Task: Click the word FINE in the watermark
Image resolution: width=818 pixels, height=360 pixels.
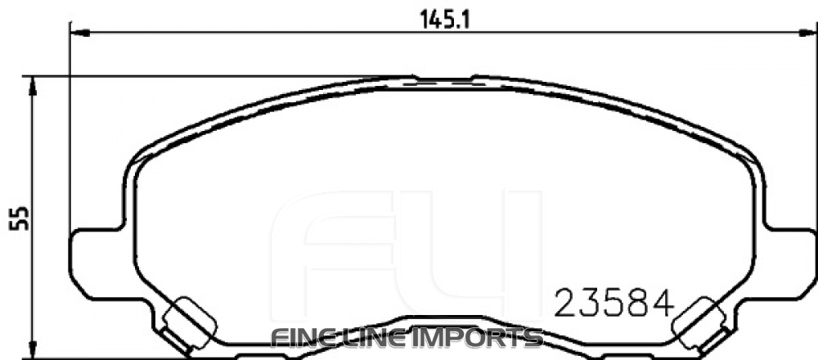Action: pyautogui.click(x=299, y=337)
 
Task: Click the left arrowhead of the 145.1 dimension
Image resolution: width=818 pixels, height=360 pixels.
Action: pyautogui.click(x=78, y=34)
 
